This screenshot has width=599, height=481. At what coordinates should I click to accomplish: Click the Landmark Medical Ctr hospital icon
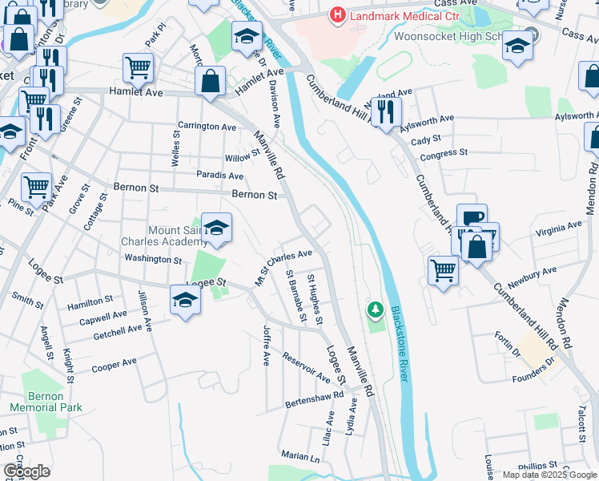coord(338,14)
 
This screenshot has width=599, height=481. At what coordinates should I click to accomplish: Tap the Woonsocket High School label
coord(448,37)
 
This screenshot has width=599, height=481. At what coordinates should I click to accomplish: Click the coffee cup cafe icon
coord(472,218)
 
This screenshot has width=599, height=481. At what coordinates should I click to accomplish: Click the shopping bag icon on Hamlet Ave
coord(210,81)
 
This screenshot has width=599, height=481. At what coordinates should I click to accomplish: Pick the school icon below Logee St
coord(185,301)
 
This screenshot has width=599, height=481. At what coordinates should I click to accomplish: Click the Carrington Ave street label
coord(207,127)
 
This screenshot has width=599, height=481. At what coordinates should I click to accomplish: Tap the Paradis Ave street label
coord(220,176)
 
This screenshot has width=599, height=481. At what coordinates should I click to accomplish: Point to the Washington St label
coord(154,259)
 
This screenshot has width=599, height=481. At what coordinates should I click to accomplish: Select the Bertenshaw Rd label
coord(315,398)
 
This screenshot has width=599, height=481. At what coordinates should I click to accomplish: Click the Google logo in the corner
coord(26,471)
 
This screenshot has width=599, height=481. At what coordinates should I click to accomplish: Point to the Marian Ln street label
coord(300,456)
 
